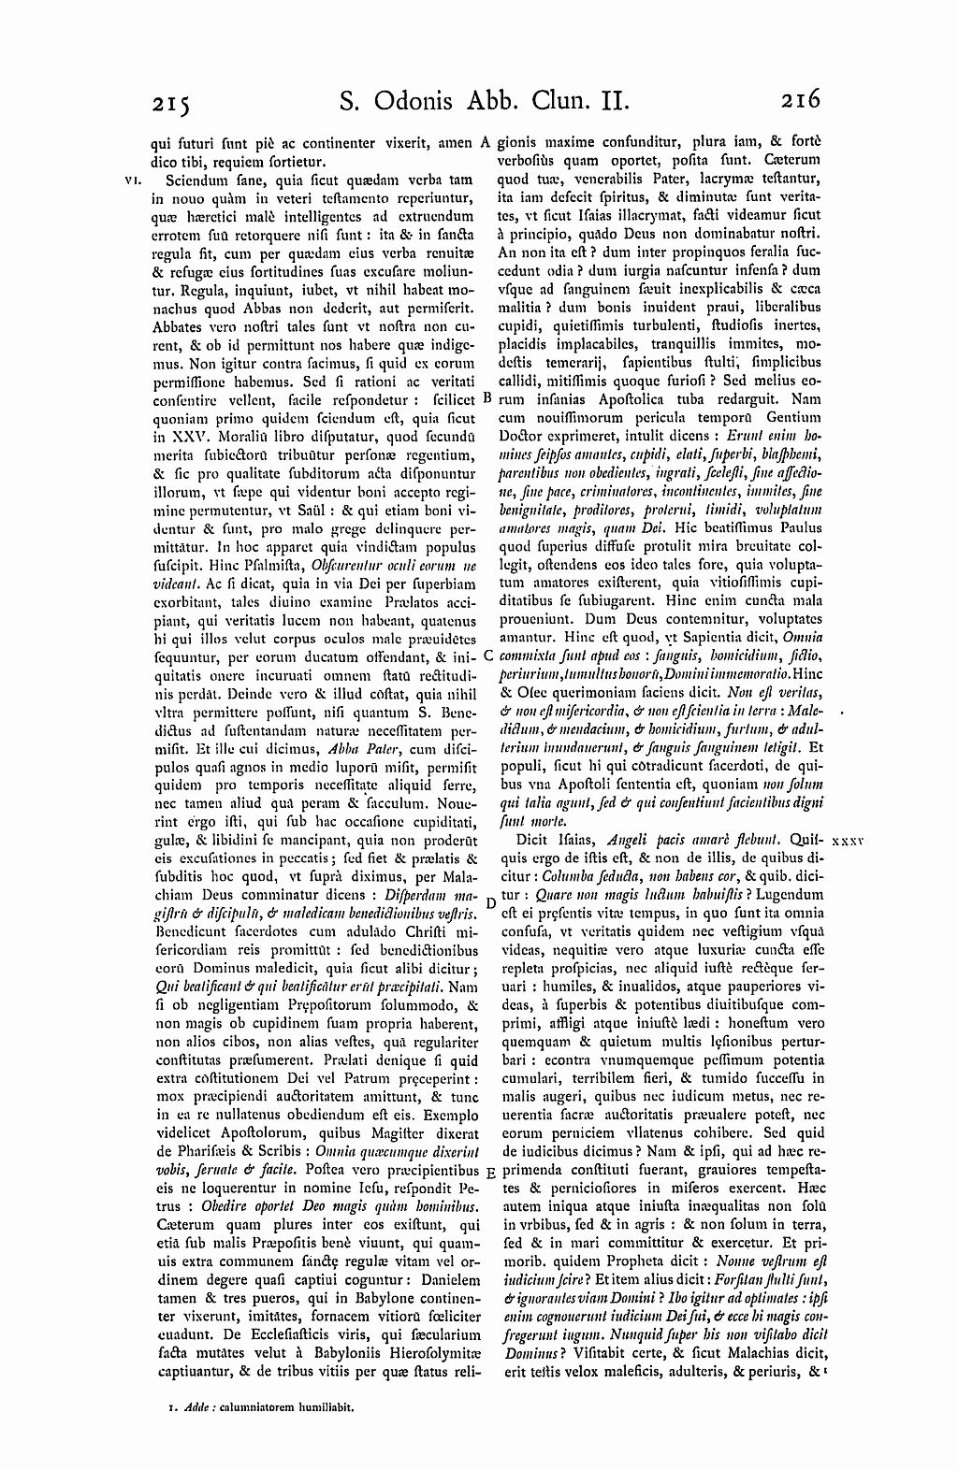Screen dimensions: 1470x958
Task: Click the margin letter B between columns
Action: coord(487,397)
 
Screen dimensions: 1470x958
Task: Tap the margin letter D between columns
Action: coord(490,901)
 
